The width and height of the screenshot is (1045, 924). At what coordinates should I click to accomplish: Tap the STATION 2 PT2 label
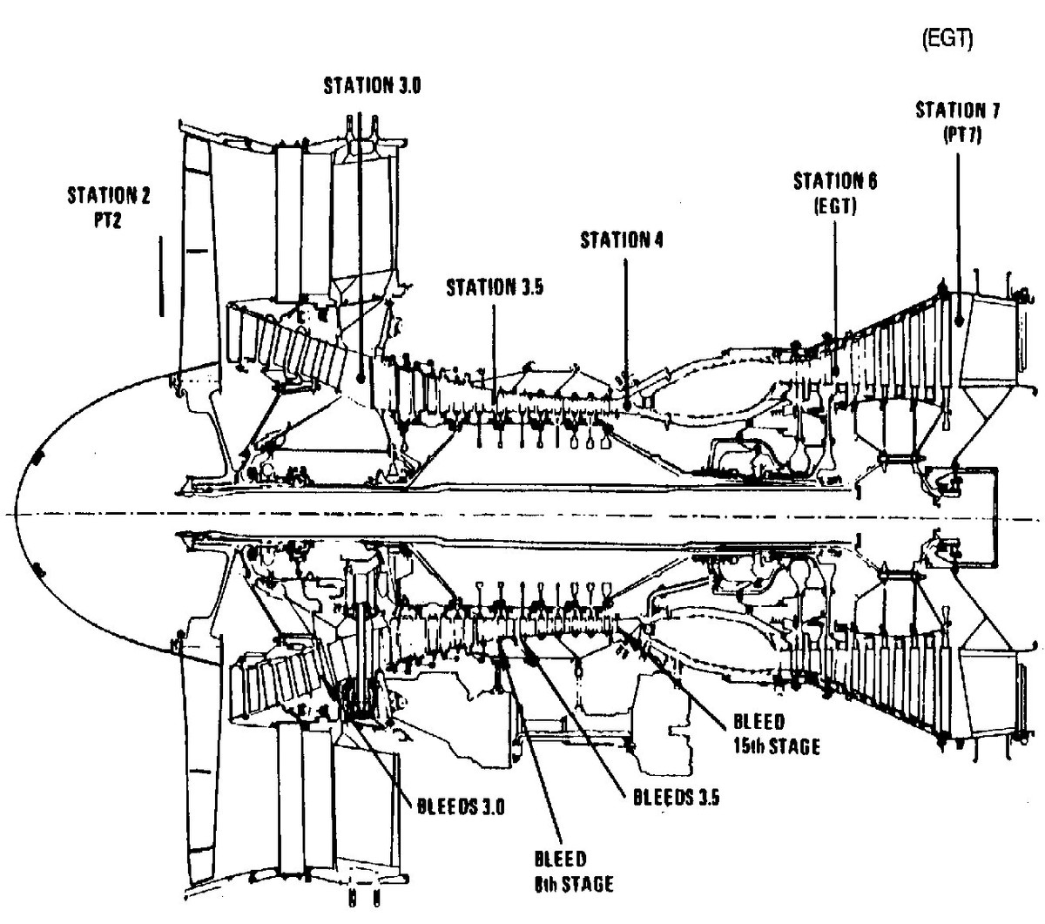point(108,207)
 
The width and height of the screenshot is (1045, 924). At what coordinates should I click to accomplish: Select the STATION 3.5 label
point(495,288)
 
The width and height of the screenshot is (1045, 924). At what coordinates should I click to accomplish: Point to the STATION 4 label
point(622,240)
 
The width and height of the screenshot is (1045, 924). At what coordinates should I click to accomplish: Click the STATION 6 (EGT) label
point(835,193)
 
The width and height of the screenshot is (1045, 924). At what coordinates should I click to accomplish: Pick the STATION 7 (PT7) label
point(958,122)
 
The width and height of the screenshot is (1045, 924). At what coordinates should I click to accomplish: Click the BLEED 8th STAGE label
point(573,871)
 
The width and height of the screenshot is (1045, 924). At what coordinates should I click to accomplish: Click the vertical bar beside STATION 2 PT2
point(161,275)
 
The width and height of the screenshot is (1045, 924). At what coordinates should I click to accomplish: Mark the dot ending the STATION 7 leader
point(959,320)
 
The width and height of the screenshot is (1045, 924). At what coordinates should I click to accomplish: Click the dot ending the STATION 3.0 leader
point(361,375)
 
